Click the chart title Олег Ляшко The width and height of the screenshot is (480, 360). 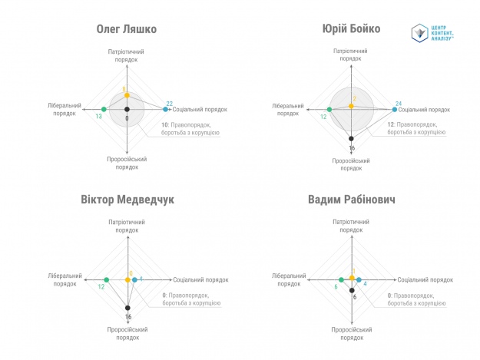tap(127, 30)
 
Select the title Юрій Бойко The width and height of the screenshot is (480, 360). tap(352, 30)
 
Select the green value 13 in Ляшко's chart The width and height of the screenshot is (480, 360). tap(99, 117)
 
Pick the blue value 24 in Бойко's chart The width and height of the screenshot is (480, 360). tap(399, 104)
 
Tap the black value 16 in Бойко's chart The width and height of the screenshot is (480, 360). tap(352, 148)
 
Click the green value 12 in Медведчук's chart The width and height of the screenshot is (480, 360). tap(101, 287)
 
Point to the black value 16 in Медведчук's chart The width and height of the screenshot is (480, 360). tap(128, 316)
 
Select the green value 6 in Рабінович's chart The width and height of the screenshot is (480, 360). tap(336, 287)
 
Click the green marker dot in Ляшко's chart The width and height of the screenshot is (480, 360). tap(104, 110)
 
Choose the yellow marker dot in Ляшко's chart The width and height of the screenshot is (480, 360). tap(127, 96)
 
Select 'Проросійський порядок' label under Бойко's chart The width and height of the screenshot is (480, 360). tap(352, 165)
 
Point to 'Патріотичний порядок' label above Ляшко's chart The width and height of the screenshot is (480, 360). tap(127, 55)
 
